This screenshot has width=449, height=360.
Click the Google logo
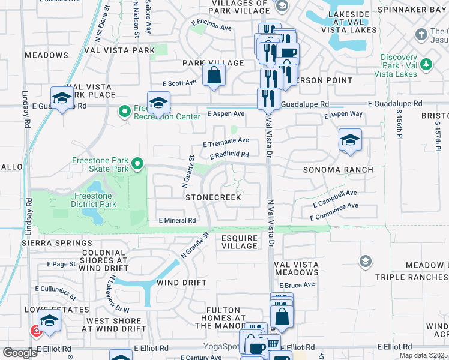(x=20, y=353)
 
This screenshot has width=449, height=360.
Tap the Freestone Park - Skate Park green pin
(x=137, y=163)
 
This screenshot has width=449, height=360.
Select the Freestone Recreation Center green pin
(x=125, y=111)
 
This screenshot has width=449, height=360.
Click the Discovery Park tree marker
(x=426, y=64)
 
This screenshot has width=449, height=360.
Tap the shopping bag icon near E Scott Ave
(x=213, y=76)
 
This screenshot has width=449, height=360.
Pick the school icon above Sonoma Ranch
(x=350, y=141)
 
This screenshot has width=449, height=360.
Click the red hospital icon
(x=37, y=330)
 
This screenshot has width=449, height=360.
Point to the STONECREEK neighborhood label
(x=213, y=197)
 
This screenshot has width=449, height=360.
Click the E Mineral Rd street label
(x=178, y=221)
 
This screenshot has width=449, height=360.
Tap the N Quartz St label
(x=188, y=172)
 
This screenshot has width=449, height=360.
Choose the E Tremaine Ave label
(x=226, y=142)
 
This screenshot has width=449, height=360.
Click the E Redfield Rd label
(x=229, y=155)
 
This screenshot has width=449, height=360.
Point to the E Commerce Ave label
(x=334, y=209)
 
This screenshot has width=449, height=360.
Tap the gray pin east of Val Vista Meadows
(x=365, y=261)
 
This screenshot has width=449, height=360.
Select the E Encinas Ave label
(x=211, y=27)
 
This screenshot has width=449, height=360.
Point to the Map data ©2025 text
(x=422, y=355)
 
